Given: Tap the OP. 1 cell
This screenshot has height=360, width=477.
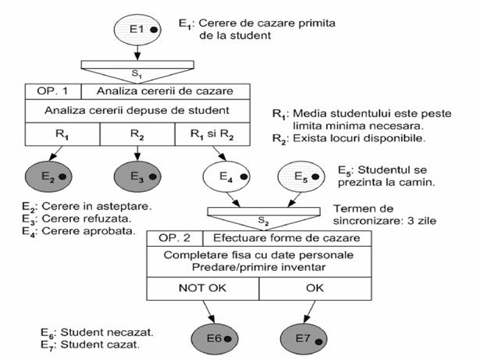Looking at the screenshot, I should (x=52, y=91).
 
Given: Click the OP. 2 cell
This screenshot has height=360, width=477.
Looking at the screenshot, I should (x=173, y=237).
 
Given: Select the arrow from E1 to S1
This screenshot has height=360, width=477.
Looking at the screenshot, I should (x=138, y=52).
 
